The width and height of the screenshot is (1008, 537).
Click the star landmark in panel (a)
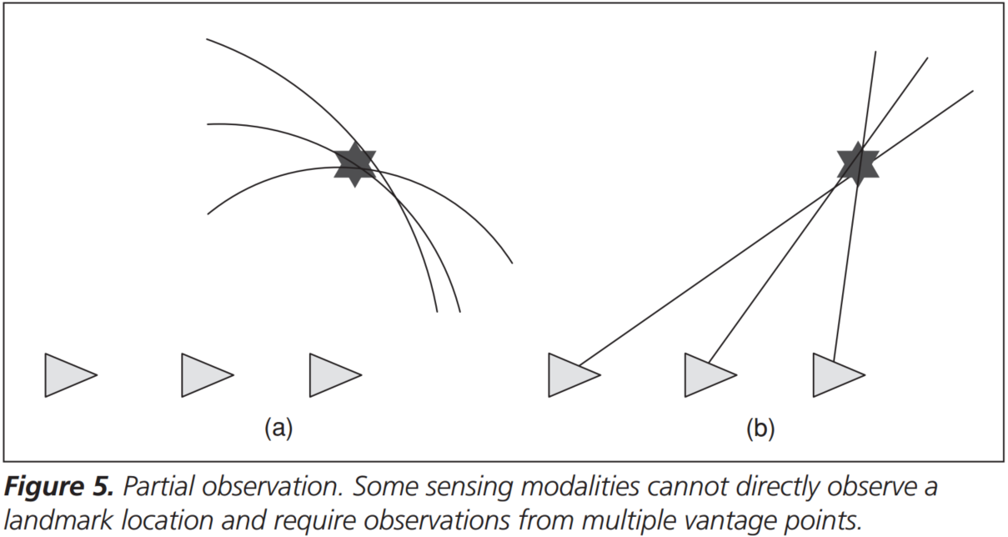point(355,163)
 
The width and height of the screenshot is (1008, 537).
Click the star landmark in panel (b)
point(858,163)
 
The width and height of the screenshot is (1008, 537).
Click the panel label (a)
point(278,429)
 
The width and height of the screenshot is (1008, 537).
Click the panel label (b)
point(760,429)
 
